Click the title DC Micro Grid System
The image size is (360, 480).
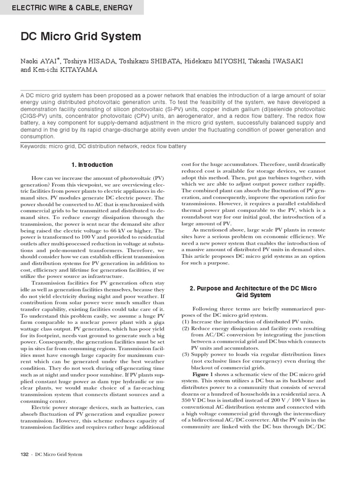point(81,37)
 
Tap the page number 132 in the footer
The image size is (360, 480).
point(25,454)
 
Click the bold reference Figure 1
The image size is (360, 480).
point(202,375)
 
